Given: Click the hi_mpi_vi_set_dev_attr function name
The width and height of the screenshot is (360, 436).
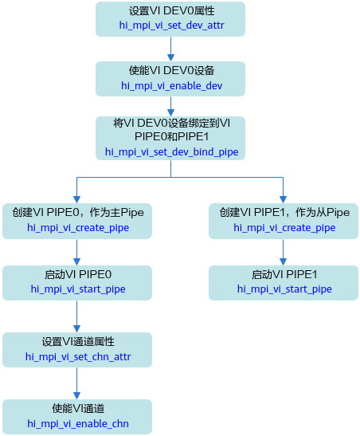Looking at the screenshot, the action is pos(171,26).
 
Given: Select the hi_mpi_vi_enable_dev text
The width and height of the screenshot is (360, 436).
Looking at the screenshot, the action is pos(171,85).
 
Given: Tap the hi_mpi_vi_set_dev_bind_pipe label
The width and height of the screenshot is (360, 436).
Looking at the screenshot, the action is pos(171,151).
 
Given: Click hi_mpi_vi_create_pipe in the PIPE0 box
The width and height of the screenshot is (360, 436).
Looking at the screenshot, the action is pos(78,228).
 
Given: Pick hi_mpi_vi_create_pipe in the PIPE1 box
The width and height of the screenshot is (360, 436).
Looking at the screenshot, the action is pos(284,228).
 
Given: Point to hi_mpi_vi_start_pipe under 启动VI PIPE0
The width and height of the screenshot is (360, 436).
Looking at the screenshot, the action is pos(78,289).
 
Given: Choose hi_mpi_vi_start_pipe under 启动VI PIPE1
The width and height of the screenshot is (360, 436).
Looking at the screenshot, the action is pos(284,289).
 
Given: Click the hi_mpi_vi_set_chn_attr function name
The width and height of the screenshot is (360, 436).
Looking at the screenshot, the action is pos(78,356).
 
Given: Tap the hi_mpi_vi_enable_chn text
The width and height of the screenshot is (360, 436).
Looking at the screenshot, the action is pos(78,423).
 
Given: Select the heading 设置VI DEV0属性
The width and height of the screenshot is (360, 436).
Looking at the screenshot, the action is pos(171,11).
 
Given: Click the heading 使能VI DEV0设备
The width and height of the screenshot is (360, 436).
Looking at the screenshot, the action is pos(171,71).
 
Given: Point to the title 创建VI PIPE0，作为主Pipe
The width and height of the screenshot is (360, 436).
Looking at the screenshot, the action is pos(78,213).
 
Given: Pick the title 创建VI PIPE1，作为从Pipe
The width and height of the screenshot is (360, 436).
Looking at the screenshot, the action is pos(284,213).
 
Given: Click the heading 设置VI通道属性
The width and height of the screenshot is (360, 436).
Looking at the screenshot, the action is pos(78,342).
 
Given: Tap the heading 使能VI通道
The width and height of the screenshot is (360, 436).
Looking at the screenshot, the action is pos(78,409).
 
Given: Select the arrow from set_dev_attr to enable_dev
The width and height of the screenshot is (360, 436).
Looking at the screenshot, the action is pos(170,49).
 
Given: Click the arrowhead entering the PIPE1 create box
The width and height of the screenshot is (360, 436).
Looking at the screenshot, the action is pos(283,199).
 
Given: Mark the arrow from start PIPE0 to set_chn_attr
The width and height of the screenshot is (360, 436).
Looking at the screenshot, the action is pos(77,316).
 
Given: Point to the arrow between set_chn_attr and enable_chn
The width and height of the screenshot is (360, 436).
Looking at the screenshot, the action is pos(77,383).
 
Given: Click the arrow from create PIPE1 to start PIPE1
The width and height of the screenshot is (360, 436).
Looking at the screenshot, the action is pos(283,252).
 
